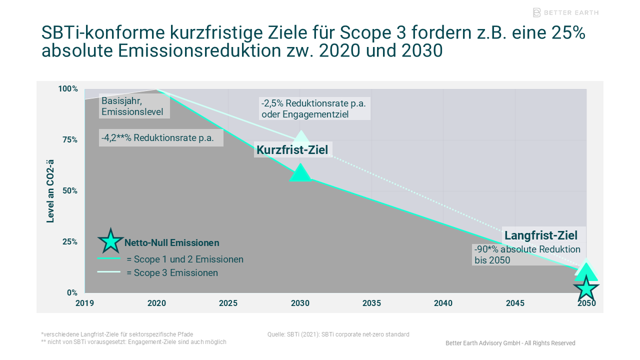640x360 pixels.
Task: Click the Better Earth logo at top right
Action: coord(565,12)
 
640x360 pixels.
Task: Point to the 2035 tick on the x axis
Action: coord(371,303)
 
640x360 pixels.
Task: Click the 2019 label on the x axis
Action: coord(85,303)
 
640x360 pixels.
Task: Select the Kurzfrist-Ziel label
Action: coord(292,149)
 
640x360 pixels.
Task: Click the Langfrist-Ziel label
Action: coord(541,235)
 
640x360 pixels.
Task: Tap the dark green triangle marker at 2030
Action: coord(300,173)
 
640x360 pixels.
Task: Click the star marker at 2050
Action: coord(586,288)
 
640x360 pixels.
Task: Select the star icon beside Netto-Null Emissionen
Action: coord(110,241)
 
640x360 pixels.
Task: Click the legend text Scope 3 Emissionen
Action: coord(172,273)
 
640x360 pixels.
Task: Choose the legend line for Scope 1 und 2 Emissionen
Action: coord(109,258)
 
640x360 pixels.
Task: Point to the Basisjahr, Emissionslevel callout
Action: coord(133,106)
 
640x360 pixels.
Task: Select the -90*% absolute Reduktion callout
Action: coord(527,254)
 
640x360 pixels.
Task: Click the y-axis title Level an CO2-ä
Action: coord(50,191)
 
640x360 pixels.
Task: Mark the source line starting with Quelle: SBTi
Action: coord(338,334)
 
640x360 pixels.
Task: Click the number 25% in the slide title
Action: coord(567,33)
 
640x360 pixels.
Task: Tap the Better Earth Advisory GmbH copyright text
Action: coord(510,343)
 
